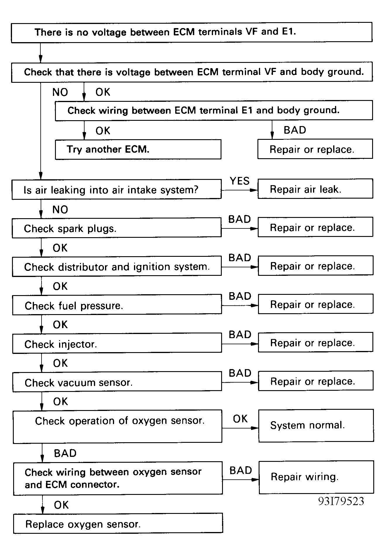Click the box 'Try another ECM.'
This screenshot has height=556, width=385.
click(x=138, y=149)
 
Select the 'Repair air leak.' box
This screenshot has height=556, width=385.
click(x=315, y=189)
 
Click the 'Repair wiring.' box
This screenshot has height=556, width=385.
click(x=316, y=477)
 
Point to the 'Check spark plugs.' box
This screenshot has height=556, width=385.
click(x=116, y=228)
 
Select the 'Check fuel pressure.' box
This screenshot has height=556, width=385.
click(x=117, y=305)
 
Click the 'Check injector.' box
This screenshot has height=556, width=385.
click(x=117, y=343)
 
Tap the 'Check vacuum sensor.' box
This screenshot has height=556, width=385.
click(x=117, y=382)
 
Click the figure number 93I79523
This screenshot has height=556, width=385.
click(x=341, y=501)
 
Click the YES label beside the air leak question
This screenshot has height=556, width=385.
click(x=240, y=181)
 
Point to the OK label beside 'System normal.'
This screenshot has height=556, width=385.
click(x=240, y=419)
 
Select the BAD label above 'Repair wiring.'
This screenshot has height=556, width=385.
click(x=240, y=470)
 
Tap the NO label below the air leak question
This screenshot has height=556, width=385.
click(x=60, y=209)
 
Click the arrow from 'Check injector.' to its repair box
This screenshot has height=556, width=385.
click(x=240, y=344)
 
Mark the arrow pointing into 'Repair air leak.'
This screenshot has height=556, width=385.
click(x=239, y=190)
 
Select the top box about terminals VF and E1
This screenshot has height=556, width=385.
click(x=192, y=32)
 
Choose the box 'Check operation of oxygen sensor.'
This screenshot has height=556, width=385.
click(x=117, y=426)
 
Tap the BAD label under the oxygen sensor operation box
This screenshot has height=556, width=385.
click(x=65, y=453)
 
